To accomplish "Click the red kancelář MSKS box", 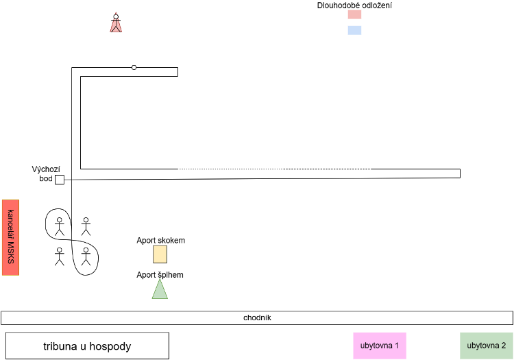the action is [x=10, y=237].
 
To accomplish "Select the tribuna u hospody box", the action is [x=87, y=346].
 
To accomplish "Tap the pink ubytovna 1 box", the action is [x=380, y=346].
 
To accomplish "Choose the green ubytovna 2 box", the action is [x=486, y=346].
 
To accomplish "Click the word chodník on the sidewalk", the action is [x=257, y=317].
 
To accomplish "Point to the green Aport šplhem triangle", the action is [x=160, y=290].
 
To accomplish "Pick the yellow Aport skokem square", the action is [x=160, y=254].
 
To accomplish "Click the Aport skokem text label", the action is [x=160, y=240].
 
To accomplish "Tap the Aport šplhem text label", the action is [x=160, y=275].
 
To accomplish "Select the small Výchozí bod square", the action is [x=60, y=180].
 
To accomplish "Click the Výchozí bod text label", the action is [x=46, y=173].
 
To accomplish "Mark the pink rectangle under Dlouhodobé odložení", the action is [x=355, y=14].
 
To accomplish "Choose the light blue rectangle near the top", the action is [x=355, y=30].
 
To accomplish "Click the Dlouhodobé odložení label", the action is [x=354, y=5].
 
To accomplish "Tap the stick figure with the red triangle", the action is [x=116, y=23].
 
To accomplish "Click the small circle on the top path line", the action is [x=134, y=67].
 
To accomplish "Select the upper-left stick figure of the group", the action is [x=60, y=226].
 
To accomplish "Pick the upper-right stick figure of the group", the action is [x=86, y=226].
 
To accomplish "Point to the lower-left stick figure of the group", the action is [x=60, y=256].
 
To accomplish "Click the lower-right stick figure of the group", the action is [x=86, y=256].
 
